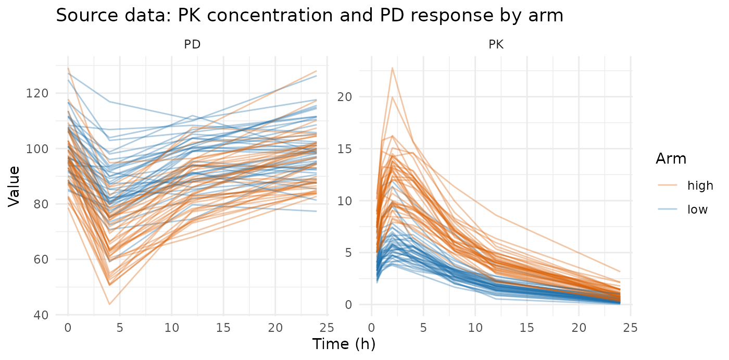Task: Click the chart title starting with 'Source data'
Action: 309,15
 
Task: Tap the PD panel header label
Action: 192,44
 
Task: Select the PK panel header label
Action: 496,44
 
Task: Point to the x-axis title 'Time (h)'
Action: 344,344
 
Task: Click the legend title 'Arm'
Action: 671,159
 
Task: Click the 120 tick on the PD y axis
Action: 37,93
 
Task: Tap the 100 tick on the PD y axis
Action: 37,149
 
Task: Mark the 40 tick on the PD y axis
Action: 41,315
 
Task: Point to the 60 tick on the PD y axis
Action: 41,260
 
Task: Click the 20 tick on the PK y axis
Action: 344,97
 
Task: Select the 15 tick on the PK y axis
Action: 344,149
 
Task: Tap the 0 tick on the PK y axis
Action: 348,305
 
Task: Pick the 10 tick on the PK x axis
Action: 475,328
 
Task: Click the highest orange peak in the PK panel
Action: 393,68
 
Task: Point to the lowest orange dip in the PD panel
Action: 109,304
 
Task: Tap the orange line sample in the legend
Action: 668,185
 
